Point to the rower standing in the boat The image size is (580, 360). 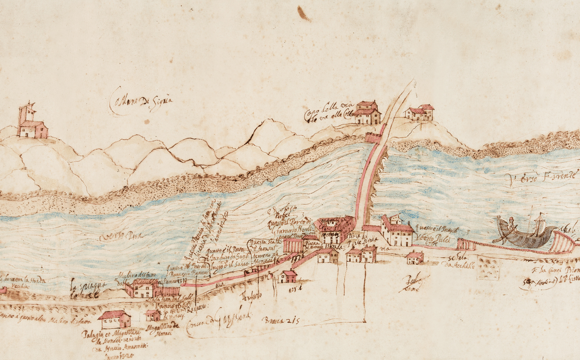tap(512, 227)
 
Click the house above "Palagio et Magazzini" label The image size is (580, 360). tap(115, 319)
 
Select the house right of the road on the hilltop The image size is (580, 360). tap(419, 112)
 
